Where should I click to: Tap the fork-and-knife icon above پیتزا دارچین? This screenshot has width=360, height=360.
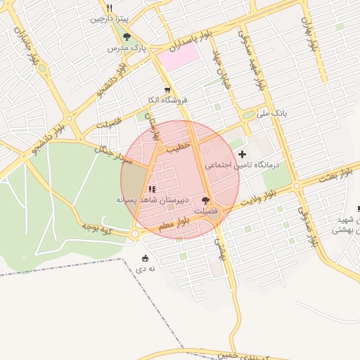point(109,8)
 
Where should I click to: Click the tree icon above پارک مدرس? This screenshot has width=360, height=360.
point(127,37)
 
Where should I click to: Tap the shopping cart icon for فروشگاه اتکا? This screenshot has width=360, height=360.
point(167,90)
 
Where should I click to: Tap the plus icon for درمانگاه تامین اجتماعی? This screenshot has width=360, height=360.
point(243,154)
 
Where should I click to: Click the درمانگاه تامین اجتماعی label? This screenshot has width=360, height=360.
point(242,165)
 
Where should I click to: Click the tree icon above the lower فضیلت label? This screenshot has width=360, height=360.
point(205,200)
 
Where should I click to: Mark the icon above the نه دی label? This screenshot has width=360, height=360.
point(145,258)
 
